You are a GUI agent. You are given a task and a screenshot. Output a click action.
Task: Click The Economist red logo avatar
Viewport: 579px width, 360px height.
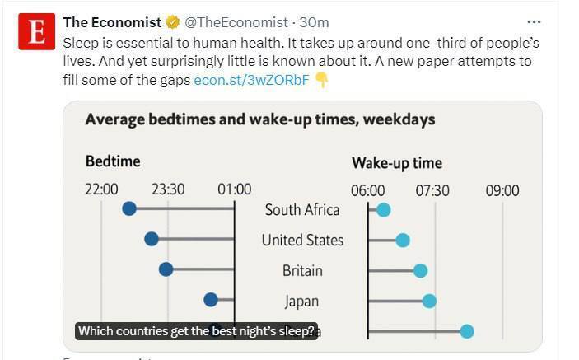click(36, 33)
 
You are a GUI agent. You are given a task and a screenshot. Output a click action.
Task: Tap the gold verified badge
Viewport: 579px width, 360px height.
click(172, 22)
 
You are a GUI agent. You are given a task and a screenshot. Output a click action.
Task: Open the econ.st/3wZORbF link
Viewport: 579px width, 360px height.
click(251, 80)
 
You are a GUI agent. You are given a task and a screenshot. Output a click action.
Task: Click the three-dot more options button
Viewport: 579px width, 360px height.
click(535, 21)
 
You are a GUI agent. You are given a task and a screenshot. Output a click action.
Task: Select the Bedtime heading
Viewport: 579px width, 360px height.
click(113, 161)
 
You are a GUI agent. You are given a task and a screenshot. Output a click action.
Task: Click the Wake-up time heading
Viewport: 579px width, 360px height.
click(397, 163)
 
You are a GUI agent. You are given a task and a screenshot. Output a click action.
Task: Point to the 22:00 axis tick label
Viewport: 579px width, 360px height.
click(101, 189)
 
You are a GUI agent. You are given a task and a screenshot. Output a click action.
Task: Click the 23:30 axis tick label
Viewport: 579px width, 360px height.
click(168, 189)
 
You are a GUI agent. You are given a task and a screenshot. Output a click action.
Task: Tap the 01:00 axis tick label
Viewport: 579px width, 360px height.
click(235, 189)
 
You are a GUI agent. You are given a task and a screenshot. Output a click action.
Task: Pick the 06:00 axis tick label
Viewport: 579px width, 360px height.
click(368, 190)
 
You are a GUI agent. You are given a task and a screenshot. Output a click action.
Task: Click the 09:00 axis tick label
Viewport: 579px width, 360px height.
click(502, 190)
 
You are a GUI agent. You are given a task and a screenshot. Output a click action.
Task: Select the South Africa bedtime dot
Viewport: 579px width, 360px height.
click(129, 208)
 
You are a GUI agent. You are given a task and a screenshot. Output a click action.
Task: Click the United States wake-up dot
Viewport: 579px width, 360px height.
click(403, 240)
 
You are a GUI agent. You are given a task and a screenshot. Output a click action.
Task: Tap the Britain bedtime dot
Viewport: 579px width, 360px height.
click(166, 269)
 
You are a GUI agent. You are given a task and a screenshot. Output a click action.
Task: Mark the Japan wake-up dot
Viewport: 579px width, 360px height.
click(429, 301)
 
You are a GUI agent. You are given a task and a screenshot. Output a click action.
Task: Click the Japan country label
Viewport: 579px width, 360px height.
click(301, 302)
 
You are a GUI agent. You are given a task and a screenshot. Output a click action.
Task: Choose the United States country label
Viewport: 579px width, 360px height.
click(302, 241)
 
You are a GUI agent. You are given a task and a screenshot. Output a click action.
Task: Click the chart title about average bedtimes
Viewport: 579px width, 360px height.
click(260, 120)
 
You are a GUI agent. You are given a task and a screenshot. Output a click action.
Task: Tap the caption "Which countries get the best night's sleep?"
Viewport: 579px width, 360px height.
click(196, 331)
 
